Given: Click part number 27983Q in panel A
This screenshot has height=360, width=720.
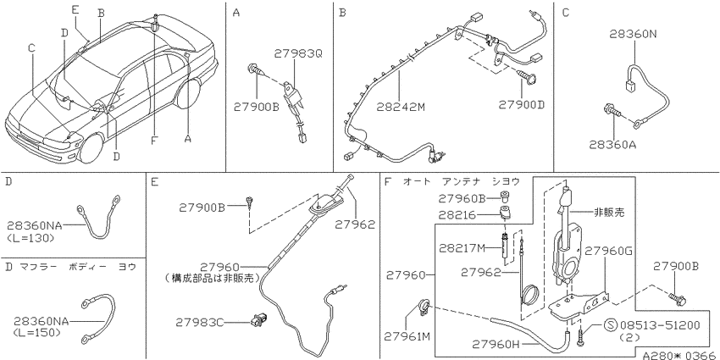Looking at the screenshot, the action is [298, 54].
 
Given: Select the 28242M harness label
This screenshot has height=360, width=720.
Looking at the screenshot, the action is [401, 108].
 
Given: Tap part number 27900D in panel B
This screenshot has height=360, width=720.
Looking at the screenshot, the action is [521, 105].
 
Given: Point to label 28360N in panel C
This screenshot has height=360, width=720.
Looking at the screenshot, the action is [634, 34].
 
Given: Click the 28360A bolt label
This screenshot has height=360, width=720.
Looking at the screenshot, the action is [614, 144].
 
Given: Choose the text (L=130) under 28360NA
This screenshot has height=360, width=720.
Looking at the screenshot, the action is [30, 238].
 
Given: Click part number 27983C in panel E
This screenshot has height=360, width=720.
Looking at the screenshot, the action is [200, 323].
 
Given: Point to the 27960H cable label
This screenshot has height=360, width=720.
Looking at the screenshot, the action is [497, 343].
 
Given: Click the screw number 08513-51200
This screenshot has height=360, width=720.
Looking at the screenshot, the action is [660, 326].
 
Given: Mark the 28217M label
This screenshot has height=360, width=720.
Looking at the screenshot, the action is [462, 248].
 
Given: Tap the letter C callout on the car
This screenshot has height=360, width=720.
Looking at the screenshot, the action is [31, 47].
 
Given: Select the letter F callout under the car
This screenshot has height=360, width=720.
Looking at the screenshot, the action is [154, 140].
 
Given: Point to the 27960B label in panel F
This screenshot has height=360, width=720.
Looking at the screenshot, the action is [462, 198].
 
